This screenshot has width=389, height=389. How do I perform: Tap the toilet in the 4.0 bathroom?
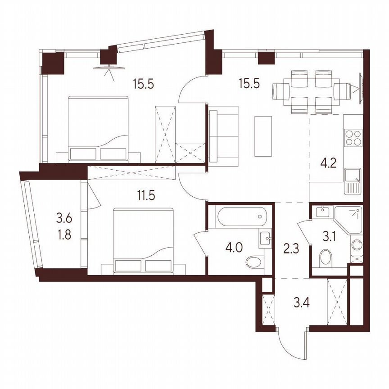254,262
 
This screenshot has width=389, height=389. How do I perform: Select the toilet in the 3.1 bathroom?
326,258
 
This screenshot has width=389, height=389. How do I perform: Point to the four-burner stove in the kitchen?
353,137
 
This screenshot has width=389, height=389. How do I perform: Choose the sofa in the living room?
223,134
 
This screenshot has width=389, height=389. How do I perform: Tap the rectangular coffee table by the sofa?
263,136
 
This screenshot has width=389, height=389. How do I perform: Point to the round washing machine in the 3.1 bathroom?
356,245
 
